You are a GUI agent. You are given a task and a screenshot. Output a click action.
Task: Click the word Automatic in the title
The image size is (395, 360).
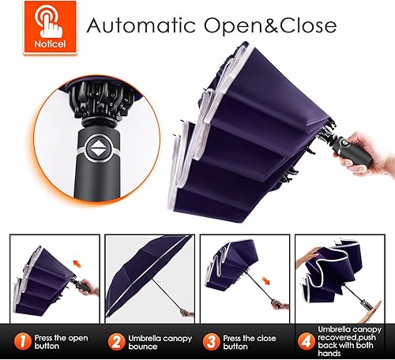pos(139,24)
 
